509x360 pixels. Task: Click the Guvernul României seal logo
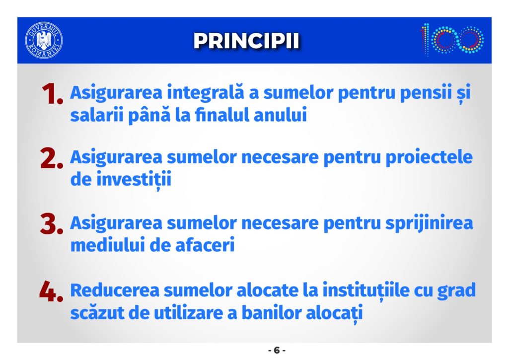tap(44, 40)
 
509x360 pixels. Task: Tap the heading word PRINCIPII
tap(246, 41)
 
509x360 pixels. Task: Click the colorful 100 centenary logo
tap(452, 40)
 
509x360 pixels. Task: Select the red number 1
tap(52, 94)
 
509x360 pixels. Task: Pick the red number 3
tap(52, 224)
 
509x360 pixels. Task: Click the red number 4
tap(51, 291)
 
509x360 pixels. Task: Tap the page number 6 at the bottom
tap(277, 350)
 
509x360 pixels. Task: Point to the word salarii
tap(97, 115)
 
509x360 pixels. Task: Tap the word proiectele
tap(429, 158)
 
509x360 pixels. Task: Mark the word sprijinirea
tap(429, 223)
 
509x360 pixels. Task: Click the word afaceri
tap(205, 245)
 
